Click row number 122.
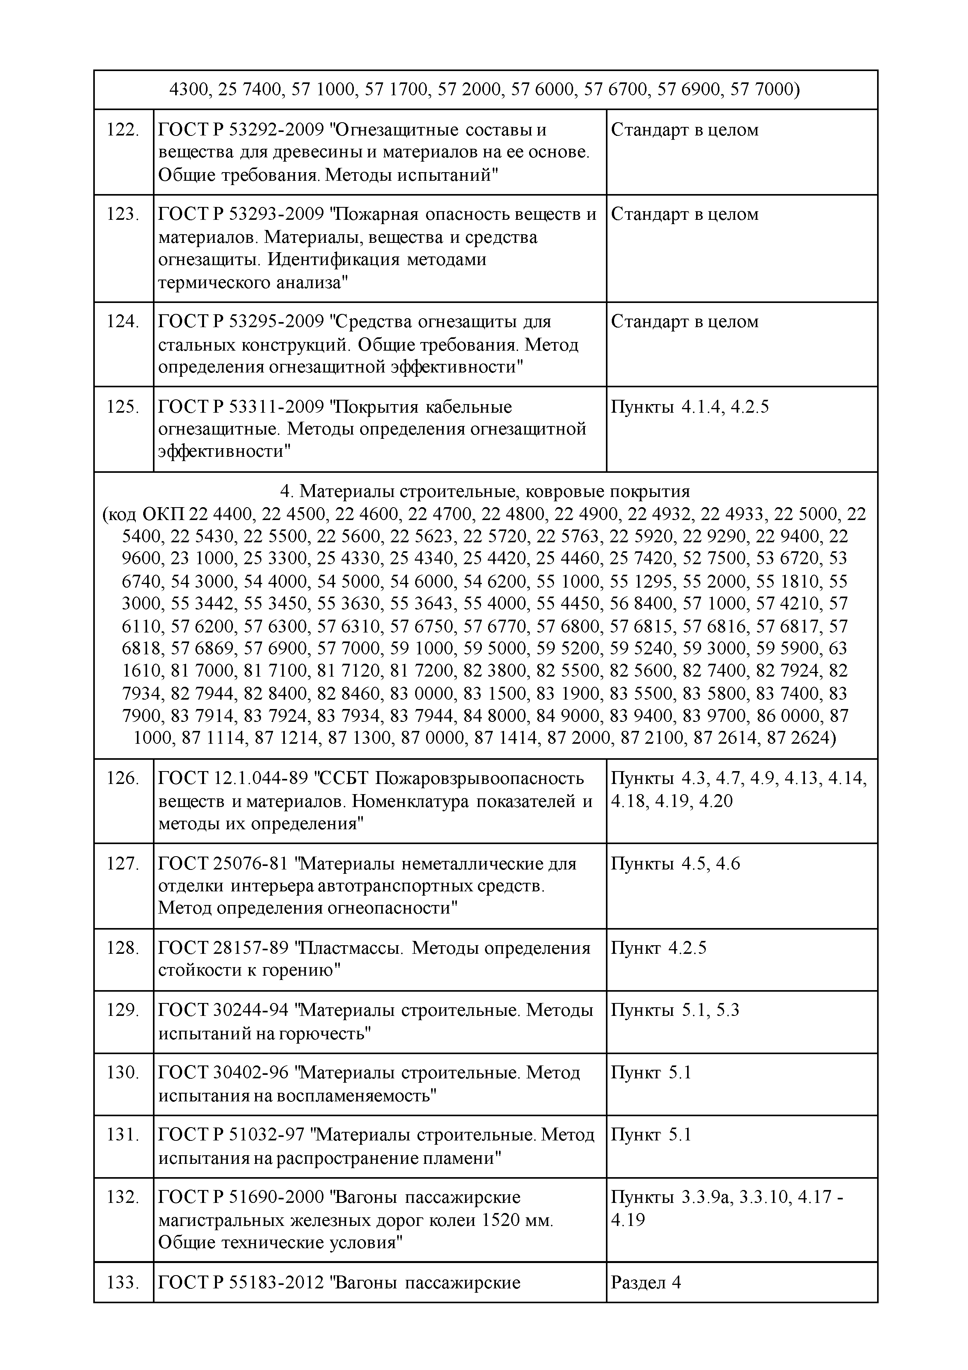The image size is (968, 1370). click(123, 130)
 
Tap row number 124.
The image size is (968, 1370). click(123, 322)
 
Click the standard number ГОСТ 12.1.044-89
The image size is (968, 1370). click(233, 778)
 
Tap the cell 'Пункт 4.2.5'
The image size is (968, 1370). click(659, 948)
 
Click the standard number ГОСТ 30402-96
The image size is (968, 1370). click(223, 1072)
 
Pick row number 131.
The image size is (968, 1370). click(123, 1134)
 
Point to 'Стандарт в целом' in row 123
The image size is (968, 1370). click(685, 214)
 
